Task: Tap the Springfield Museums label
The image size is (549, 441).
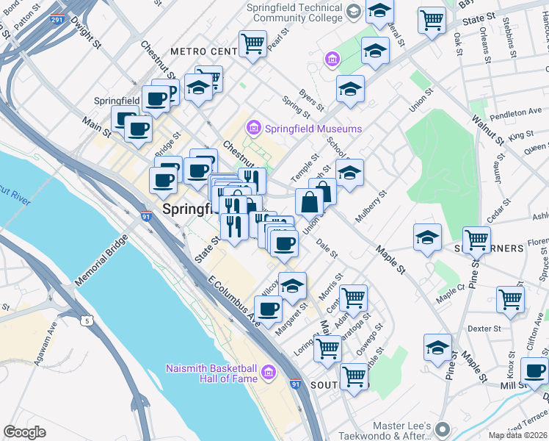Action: pos(313,129)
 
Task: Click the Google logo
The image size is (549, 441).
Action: pos(24,431)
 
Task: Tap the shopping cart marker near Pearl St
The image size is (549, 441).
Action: pos(252,43)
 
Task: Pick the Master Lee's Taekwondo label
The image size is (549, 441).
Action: pos(492,428)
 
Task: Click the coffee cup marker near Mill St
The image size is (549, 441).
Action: pos(534,370)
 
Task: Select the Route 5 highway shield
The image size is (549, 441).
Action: pos(87,320)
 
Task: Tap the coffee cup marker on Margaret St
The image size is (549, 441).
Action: pos(269,309)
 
